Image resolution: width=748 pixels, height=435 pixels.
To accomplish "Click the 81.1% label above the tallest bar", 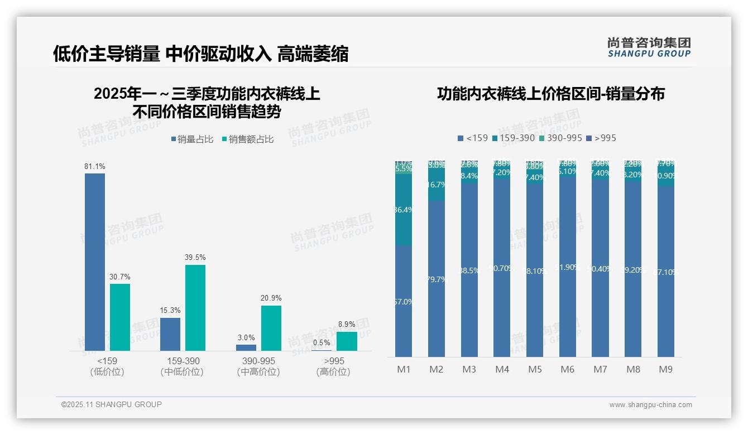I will tap(95, 167).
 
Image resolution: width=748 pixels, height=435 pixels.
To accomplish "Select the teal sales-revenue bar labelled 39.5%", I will tap(195, 307).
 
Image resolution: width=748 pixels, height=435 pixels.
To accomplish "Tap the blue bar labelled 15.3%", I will tap(170, 334).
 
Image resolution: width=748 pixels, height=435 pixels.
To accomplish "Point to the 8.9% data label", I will tap(347, 324).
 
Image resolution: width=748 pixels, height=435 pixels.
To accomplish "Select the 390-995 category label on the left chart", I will tap(258, 361).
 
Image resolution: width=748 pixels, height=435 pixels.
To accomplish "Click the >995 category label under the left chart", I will tap(334, 361).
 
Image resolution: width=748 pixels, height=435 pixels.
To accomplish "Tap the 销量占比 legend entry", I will tap(191, 139).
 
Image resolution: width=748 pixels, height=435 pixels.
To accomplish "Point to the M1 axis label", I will tap(404, 369).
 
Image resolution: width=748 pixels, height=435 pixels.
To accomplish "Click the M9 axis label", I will tap(666, 369).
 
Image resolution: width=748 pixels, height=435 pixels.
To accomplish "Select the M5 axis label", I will tap(535, 369).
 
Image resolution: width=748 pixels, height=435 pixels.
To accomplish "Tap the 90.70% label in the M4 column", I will tap(502, 268).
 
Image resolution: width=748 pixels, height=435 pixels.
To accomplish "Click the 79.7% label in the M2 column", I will tap(437, 279).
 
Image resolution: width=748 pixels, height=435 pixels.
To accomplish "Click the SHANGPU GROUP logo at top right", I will tap(649, 47).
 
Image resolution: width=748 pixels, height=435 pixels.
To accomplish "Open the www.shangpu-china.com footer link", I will tap(650, 405).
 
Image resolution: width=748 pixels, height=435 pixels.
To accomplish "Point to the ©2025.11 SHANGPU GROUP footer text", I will tap(112, 404).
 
